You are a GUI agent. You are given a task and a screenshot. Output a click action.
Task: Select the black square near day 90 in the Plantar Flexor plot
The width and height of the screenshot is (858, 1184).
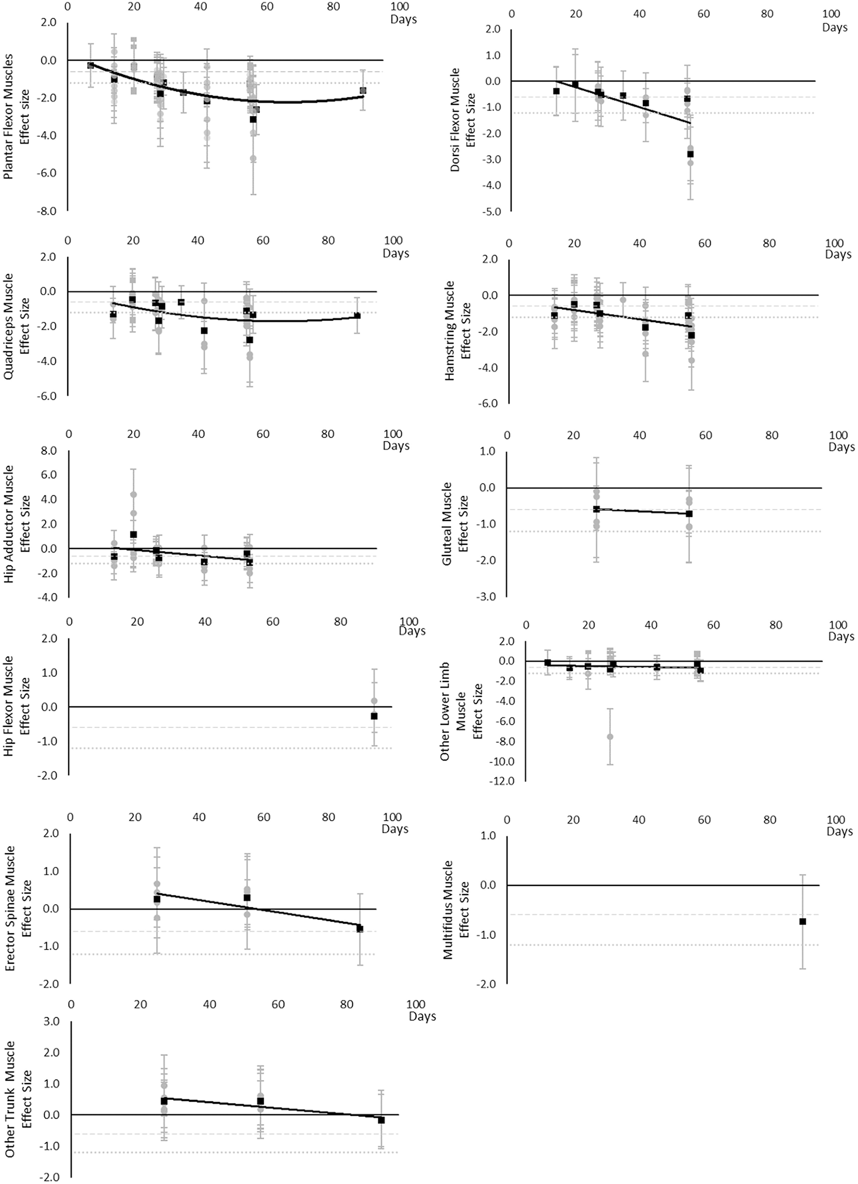click(x=363, y=90)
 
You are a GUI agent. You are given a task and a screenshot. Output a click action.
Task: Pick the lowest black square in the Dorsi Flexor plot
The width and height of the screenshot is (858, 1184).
click(x=690, y=154)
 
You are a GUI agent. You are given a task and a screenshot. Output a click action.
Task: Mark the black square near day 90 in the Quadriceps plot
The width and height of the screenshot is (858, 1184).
click(x=358, y=315)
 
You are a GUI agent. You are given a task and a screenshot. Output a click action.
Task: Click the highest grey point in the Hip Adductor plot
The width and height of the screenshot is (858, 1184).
click(x=133, y=494)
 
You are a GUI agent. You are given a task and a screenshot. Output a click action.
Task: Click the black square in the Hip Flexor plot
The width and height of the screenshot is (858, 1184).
click(x=374, y=716)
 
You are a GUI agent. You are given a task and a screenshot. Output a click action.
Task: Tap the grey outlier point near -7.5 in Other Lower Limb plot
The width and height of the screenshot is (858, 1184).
click(x=609, y=736)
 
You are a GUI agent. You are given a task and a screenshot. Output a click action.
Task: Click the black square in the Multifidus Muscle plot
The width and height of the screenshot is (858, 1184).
click(x=802, y=922)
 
